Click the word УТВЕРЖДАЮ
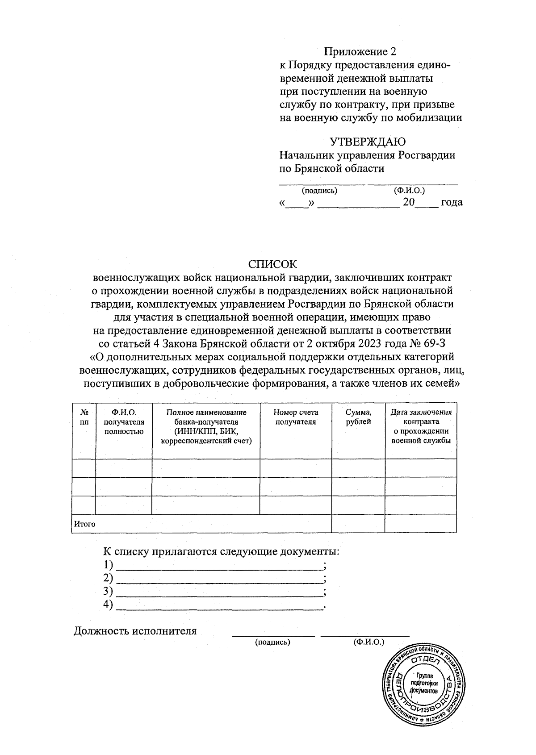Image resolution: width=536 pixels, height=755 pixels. point(368,142)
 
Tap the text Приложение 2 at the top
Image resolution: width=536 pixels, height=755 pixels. point(360,51)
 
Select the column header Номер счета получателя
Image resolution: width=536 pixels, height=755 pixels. point(296,417)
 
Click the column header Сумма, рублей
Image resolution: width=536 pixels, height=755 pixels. point(358,417)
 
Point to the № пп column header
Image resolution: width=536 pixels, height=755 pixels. point(84,417)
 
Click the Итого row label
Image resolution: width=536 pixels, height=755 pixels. point(85,524)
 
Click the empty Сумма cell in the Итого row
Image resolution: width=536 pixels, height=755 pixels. point(358,523)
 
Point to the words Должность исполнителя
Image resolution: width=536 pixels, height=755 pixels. point(135,631)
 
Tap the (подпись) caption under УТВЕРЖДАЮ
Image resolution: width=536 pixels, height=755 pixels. point(319,191)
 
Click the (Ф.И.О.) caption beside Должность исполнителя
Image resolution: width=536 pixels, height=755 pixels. point(368,642)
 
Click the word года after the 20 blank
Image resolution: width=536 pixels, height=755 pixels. point(452,202)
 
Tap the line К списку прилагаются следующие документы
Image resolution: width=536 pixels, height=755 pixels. point(222,551)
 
